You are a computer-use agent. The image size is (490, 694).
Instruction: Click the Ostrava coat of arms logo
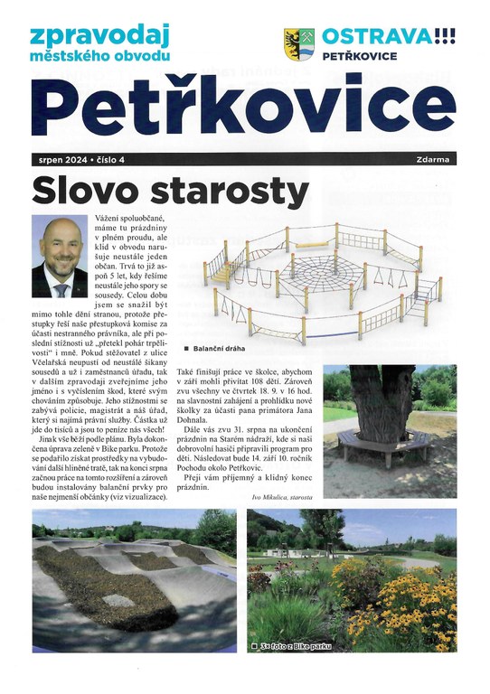tap(298, 44)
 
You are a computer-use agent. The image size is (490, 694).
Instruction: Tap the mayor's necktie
tap(61, 290)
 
